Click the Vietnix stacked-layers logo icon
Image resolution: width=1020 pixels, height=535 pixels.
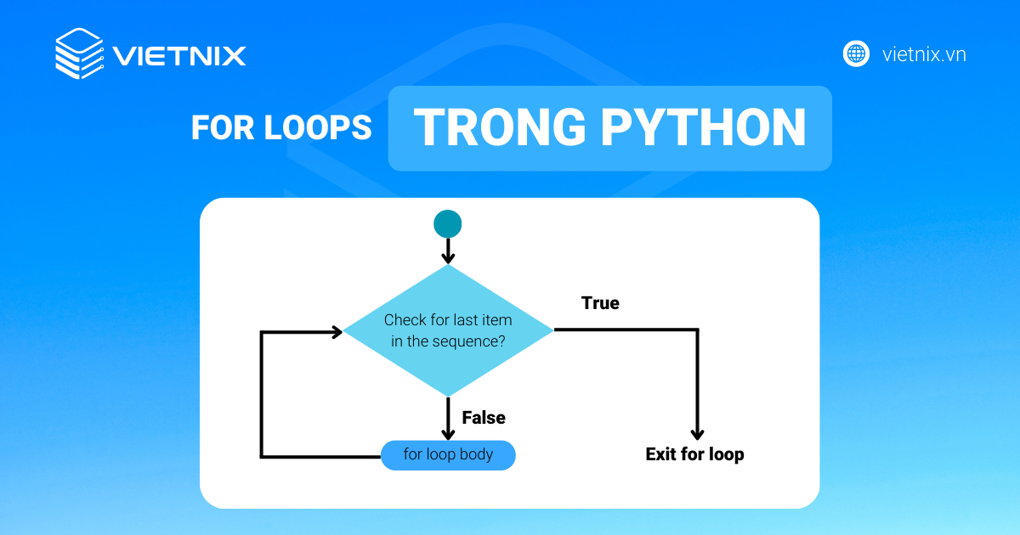point(80,53)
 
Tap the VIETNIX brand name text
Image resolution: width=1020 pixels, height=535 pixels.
point(179,56)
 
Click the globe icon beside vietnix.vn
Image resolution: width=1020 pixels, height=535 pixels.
point(856,53)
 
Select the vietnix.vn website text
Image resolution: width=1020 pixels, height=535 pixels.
point(924,54)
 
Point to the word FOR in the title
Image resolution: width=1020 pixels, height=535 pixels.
point(223,127)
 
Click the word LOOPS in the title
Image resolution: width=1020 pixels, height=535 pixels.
point(318,127)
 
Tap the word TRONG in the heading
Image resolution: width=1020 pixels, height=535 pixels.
point(500,127)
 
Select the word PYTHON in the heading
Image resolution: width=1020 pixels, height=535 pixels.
point(703,127)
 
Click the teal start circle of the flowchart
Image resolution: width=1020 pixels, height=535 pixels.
point(448,224)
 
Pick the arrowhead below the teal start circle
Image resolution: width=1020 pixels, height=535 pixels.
point(448,258)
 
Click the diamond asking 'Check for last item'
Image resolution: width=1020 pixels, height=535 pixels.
point(448,330)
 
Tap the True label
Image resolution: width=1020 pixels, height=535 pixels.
point(600,303)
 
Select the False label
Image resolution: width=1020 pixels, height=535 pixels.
point(484,418)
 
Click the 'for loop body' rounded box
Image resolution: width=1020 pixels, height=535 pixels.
point(448,455)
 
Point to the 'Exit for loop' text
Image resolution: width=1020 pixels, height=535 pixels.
point(695,454)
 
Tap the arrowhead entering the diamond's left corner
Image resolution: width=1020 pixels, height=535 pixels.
point(337,332)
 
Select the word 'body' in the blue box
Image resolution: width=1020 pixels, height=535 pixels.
point(476,454)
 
